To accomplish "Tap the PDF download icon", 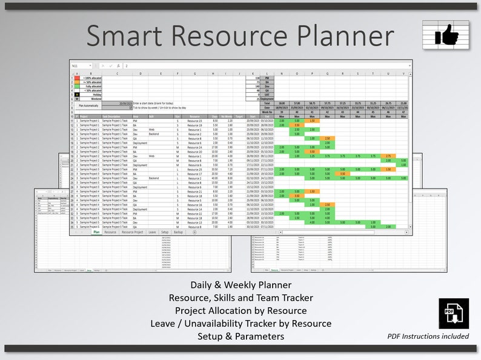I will click(454, 313).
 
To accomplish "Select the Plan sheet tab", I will click(96, 232).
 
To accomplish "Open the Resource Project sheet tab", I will click(132, 232).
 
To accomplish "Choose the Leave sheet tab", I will click(151, 232).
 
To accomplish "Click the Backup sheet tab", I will click(178, 232).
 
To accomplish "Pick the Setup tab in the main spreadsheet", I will click(165, 232).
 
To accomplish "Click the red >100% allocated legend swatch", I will click(76, 78).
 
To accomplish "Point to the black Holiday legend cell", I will click(76, 95).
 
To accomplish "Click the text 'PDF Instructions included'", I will click(428, 336).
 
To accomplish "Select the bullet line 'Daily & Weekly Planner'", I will click(240, 285).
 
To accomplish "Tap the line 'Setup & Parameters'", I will click(240, 336).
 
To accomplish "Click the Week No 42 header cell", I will click(327, 112).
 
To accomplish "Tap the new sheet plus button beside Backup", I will click(194, 232).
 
